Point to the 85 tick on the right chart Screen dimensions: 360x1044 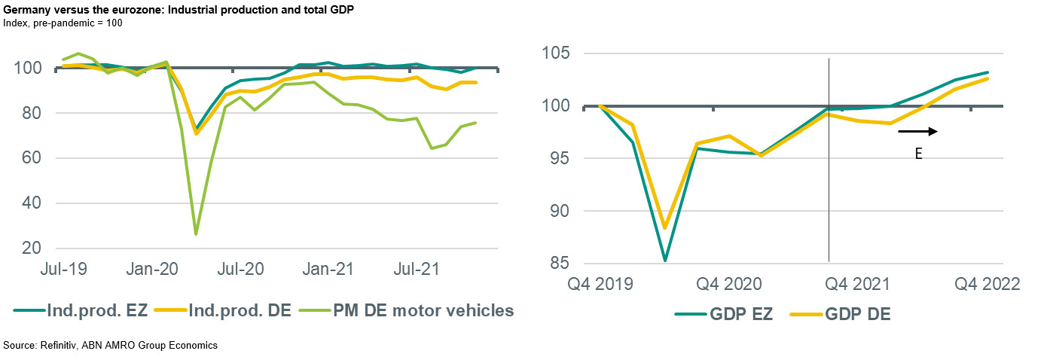pyautogui.click(x=558, y=264)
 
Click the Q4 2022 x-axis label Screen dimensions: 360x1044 pyautogui.click(x=987, y=285)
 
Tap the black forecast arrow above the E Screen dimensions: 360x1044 pyautogui.click(x=917, y=132)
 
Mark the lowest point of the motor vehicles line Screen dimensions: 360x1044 pyautogui.click(x=196, y=233)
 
